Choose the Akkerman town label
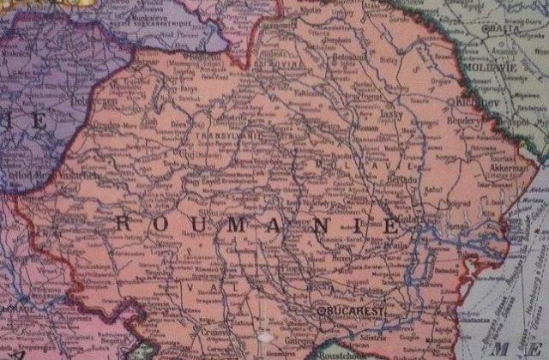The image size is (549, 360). click(512, 170)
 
